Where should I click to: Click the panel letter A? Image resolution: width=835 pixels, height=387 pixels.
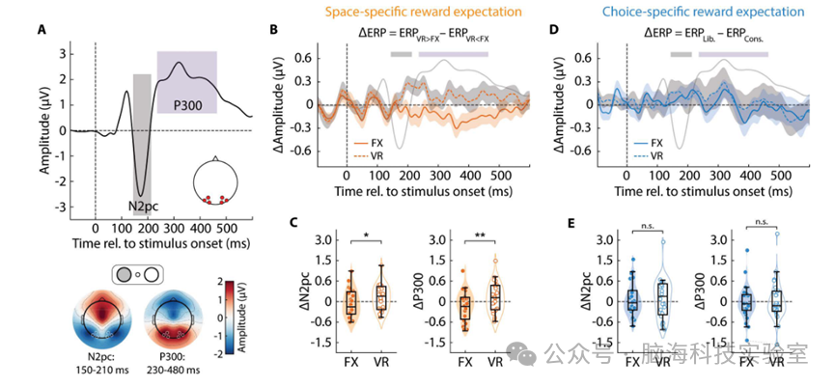pyautogui.click(x=42, y=27)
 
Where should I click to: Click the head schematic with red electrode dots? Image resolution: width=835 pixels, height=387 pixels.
pyautogui.click(x=216, y=181)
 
